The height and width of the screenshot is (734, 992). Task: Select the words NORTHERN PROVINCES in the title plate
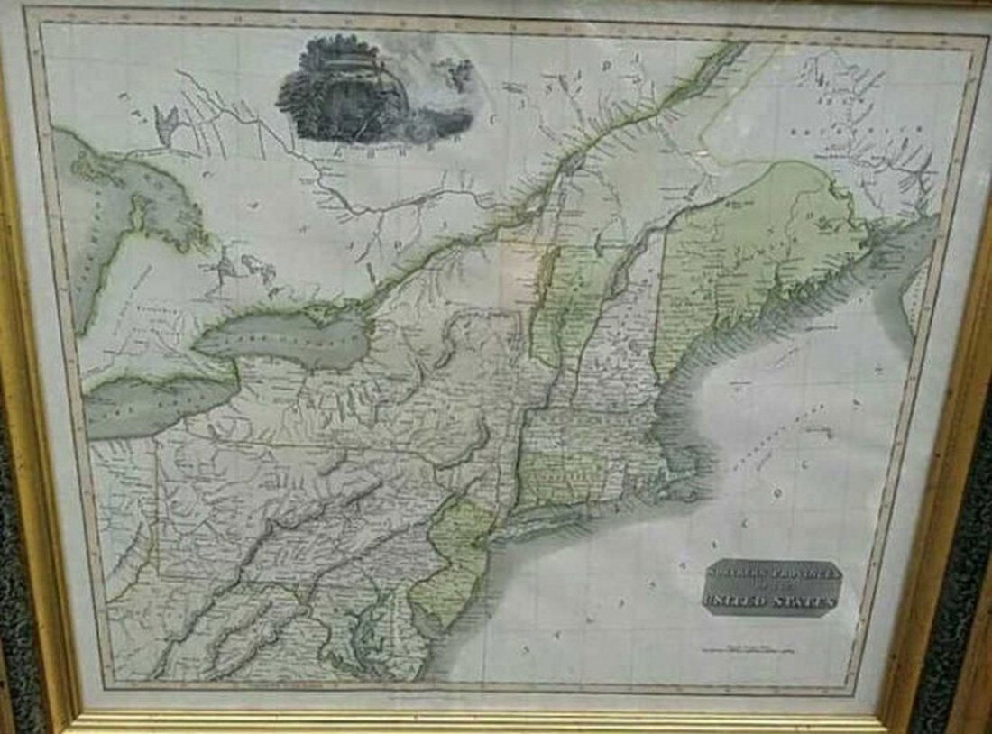pyautogui.click(x=772, y=573)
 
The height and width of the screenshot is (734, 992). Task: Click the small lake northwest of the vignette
pyautogui.click(x=167, y=122)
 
